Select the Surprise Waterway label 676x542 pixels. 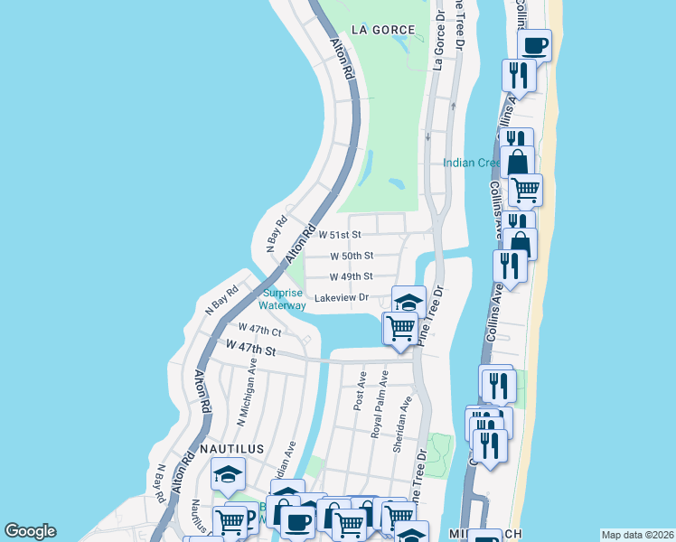click(284, 299)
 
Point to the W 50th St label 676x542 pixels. click(352, 256)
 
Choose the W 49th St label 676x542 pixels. click(352, 276)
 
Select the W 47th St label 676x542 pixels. click(250, 347)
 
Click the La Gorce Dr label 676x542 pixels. click(438, 41)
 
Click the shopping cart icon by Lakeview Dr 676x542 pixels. click(400, 328)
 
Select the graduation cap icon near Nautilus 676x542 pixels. click(228, 473)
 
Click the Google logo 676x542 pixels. click(30, 531)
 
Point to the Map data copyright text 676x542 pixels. click(636, 535)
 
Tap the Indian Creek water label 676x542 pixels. click(471, 163)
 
